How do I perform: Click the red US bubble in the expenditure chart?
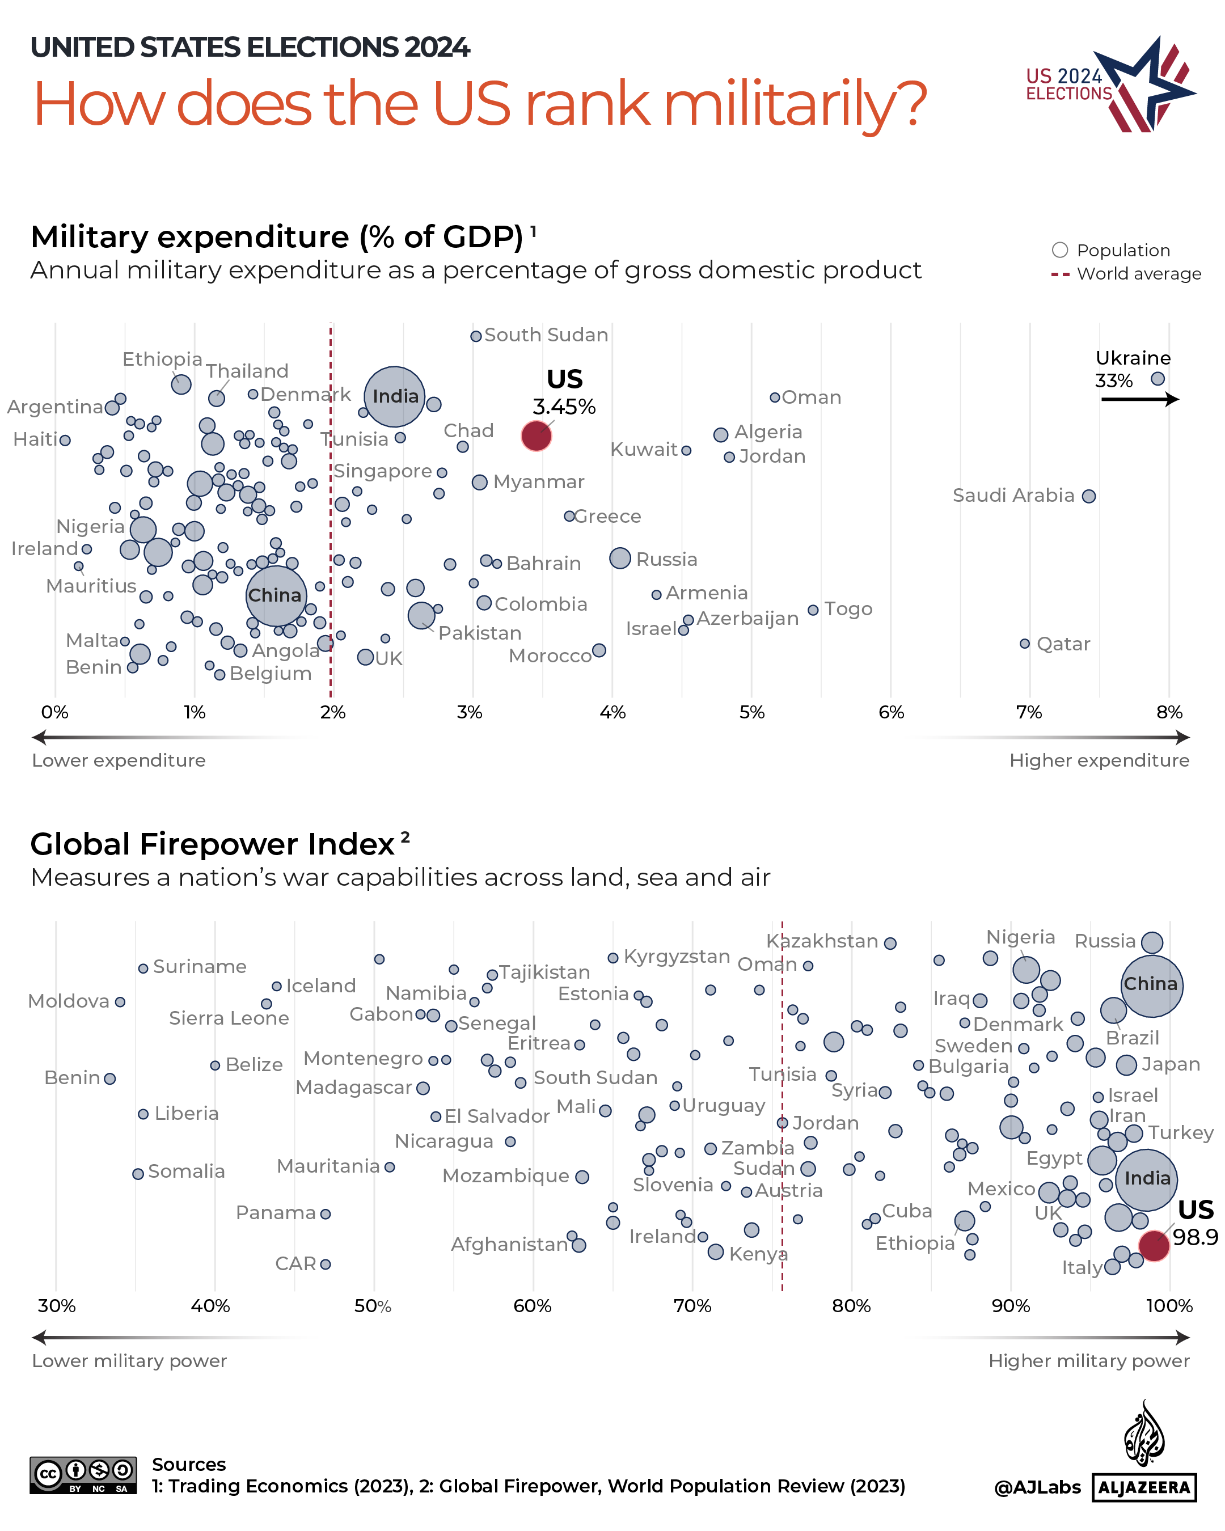coord(535,435)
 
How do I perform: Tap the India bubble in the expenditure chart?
coord(394,396)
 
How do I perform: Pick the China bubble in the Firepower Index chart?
coord(1151,985)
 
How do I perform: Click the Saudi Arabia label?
coord(1013,496)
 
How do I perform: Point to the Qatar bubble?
coord(1024,644)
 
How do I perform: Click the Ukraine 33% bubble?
coord(1158,378)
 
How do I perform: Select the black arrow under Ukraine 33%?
coord(1139,400)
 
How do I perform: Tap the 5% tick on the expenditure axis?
coord(751,712)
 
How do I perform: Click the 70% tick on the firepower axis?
coord(692,1305)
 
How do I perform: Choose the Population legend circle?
coord(1059,250)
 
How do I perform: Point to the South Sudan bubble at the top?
coord(476,336)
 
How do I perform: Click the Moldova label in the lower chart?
coord(68,1001)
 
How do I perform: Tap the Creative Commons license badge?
coord(83,1475)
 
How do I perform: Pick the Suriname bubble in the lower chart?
coord(143,968)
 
